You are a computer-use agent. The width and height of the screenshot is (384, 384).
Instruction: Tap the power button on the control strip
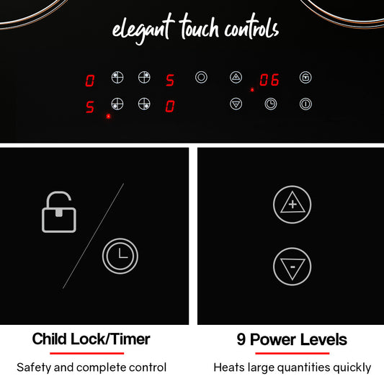(305, 104)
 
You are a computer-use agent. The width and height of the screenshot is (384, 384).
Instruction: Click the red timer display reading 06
(269, 80)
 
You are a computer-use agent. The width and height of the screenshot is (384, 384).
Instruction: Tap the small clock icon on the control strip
(271, 104)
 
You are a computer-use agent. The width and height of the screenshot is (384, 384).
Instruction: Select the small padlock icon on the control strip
(305, 78)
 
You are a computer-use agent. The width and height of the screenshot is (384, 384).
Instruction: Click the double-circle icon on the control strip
(201, 77)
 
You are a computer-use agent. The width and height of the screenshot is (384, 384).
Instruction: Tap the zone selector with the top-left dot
(117, 78)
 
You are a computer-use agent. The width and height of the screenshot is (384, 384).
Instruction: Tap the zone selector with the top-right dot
(144, 78)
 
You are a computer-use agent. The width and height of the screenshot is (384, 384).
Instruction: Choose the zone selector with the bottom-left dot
(117, 104)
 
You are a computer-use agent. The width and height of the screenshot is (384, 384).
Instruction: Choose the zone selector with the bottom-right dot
(144, 104)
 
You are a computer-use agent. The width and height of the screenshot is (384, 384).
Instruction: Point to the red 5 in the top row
(170, 80)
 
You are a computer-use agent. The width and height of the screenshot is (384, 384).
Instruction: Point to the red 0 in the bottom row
(170, 107)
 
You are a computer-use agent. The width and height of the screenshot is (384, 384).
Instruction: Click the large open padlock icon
(59, 212)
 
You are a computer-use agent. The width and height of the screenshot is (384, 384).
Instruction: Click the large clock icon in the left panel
(120, 256)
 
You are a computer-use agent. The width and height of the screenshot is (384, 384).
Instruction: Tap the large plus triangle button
(293, 205)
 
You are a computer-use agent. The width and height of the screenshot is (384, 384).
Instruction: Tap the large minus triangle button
(293, 267)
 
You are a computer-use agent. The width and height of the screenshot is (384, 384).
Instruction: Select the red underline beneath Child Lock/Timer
(86, 353)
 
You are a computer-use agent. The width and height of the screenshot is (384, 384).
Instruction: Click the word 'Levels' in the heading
(323, 339)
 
